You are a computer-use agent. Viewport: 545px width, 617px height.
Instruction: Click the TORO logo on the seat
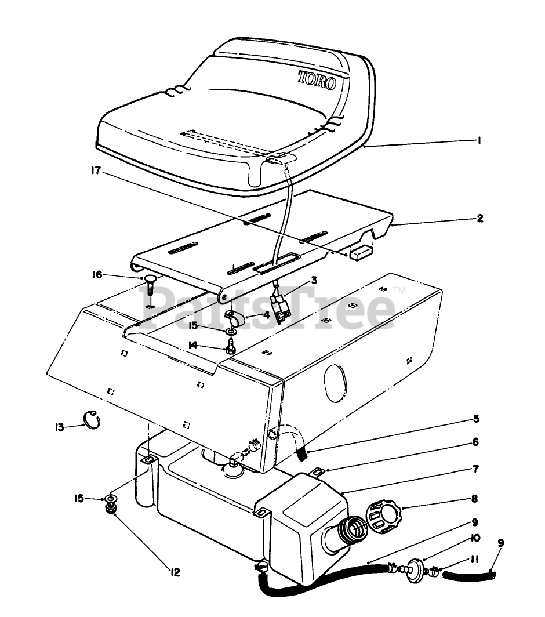pyautogui.click(x=317, y=80)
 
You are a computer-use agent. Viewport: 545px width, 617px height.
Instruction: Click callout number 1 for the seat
pyautogui.click(x=479, y=140)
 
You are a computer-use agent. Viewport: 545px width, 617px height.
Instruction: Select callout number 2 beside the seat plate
pyautogui.click(x=479, y=219)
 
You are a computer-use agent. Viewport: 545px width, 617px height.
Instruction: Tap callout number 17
pyautogui.click(x=96, y=171)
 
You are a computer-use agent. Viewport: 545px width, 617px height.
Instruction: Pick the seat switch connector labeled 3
pyautogui.click(x=281, y=306)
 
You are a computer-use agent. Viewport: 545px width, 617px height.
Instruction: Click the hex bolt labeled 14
pyautogui.click(x=230, y=349)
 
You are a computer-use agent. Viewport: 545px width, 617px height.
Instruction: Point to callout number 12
pyautogui.click(x=174, y=572)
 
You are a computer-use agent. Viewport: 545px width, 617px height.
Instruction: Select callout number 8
pyautogui.click(x=474, y=498)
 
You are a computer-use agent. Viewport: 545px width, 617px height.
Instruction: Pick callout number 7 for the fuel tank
pyautogui.click(x=475, y=468)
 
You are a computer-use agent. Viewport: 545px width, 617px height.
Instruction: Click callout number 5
pyautogui.click(x=475, y=418)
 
